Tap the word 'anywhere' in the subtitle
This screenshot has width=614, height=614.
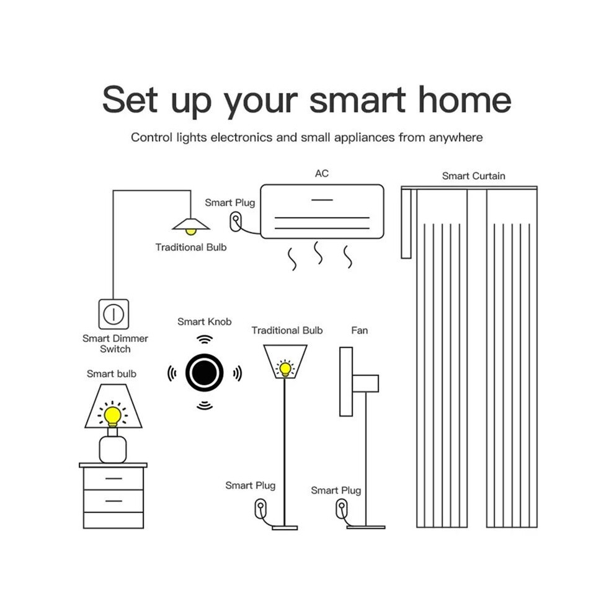coord(456,138)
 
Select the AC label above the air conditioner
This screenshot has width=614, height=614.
coord(322,174)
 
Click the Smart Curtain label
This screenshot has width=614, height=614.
coord(473,176)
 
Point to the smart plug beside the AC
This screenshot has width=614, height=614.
coord(235,221)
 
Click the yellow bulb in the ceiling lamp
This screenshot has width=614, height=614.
coord(190,232)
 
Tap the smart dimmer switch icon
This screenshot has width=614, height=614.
coord(113,314)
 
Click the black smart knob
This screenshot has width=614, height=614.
coord(205,372)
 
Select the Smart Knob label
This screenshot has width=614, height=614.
coord(205,321)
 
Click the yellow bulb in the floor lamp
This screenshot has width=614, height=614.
coord(285,369)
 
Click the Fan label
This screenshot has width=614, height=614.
coord(360,331)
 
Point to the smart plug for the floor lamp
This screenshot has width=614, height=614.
coord(260,509)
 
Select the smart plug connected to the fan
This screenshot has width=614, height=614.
coord(342,509)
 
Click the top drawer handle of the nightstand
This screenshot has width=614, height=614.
coord(113,479)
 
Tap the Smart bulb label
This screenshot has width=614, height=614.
coord(112,373)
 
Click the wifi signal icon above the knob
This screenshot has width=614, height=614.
coord(205,339)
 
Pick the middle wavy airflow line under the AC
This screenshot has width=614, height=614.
coord(318,252)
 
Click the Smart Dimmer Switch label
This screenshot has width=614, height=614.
coord(115,344)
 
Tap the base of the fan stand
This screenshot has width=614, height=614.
coord(366,527)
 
